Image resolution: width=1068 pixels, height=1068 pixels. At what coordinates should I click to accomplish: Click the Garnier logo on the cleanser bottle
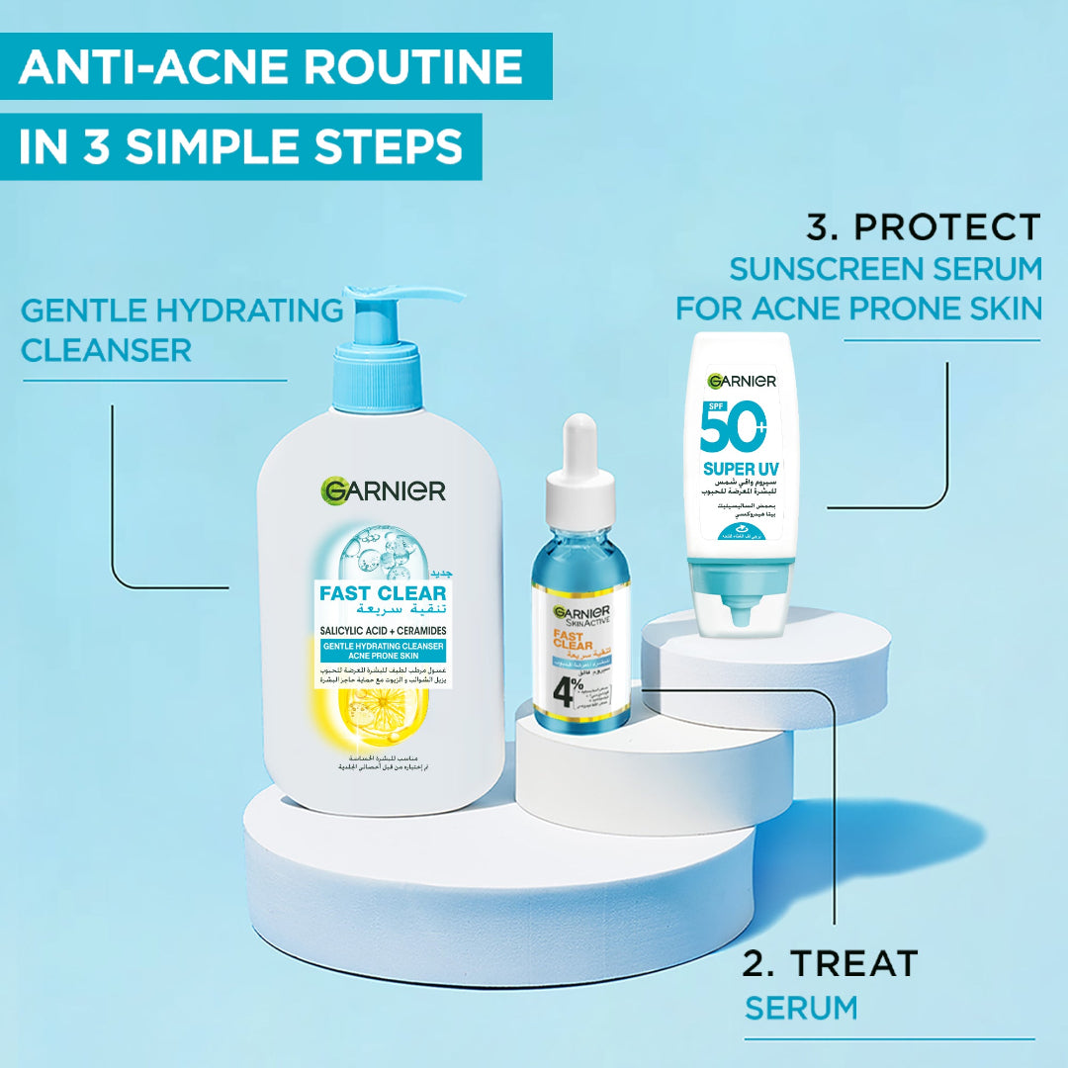[384, 489]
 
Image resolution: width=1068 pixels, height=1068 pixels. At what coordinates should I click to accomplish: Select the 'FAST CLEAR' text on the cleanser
[382, 593]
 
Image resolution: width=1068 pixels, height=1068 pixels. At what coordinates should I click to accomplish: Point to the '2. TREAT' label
[831, 962]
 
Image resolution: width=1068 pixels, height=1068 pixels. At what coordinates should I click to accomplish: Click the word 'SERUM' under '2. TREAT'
[801, 1009]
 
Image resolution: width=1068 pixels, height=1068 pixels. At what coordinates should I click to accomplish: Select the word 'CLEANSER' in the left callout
[107, 350]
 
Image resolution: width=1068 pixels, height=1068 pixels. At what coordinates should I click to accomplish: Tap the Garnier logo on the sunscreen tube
[743, 381]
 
